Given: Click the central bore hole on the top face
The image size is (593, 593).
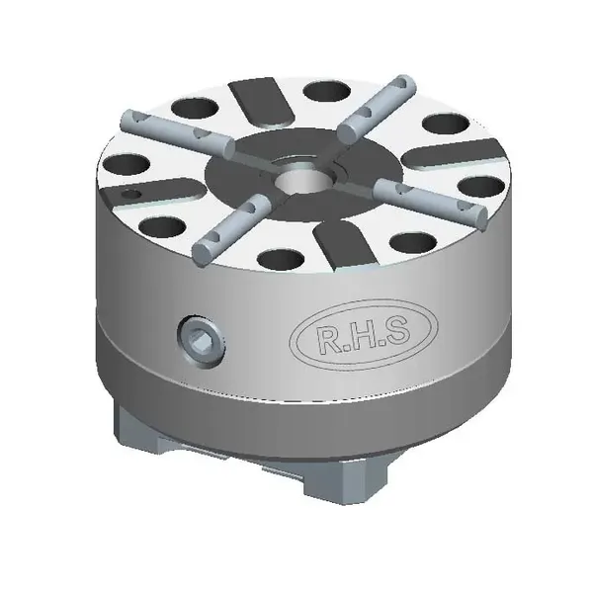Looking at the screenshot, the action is pos(304,178).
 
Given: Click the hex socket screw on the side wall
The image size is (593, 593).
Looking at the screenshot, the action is pos(202,340).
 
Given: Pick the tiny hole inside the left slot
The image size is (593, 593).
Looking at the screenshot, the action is pos(129,195).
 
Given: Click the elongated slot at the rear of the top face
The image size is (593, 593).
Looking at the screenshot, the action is pos(261,102).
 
